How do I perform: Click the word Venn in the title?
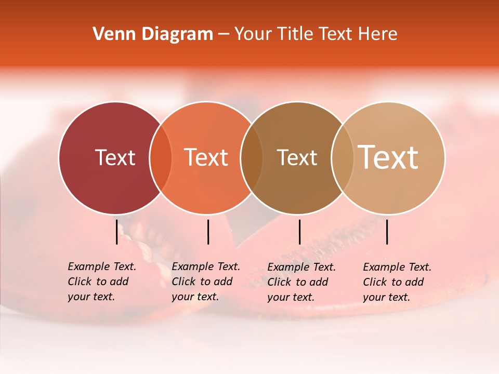click(110, 34)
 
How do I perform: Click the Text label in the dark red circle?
click(115, 157)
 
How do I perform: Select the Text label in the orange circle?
click(206, 157)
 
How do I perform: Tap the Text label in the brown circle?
click(297, 157)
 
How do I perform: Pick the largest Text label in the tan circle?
click(388, 157)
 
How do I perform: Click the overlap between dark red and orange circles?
click(161, 158)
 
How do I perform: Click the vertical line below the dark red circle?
click(116, 232)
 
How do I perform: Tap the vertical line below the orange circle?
click(208, 232)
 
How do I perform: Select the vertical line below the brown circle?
click(299, 232)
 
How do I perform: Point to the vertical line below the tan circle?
click(387, 232)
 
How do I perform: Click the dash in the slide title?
click(224, 35)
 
